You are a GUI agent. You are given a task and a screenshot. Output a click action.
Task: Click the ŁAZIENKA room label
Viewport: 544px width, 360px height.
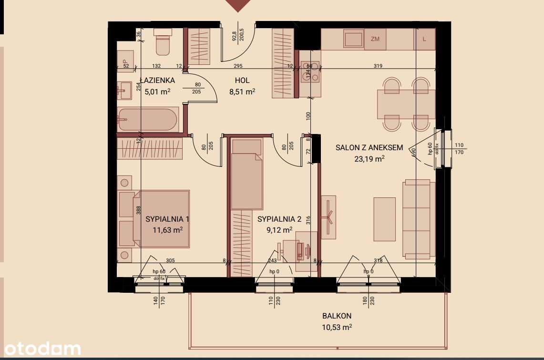(x=157, y=81)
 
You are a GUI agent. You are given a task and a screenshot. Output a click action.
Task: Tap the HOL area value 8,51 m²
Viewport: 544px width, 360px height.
(x=242, y=92)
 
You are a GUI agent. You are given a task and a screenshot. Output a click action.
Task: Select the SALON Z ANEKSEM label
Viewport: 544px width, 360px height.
(x=369, y=148)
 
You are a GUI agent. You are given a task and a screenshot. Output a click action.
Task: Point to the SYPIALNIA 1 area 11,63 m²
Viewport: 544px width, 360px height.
(x=167, y=230)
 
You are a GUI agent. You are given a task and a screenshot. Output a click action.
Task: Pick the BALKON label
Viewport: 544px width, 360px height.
(x=337, y=316)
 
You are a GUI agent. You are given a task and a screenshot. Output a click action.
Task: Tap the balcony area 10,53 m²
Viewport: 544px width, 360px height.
(x=337, y=327)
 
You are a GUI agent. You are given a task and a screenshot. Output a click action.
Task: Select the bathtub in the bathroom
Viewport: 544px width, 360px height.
(x=148, y=119)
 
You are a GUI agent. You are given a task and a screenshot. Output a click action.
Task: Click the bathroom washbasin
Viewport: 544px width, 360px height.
(x=125, y=90)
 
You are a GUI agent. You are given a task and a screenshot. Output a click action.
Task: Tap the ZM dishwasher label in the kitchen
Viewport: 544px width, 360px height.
(x=375, y=39)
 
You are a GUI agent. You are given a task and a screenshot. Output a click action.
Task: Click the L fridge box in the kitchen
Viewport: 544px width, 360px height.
(x=424, y=39)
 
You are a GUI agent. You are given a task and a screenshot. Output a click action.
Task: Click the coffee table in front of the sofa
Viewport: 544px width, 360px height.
(x=384, y=219)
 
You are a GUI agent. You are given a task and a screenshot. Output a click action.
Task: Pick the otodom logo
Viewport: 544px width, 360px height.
(x=40, y=349)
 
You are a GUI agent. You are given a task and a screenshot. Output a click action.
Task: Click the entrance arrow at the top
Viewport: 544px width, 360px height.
(x=238, y=5)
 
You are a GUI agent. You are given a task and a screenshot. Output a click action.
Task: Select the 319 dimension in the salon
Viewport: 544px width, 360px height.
(x=378, y=66)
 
